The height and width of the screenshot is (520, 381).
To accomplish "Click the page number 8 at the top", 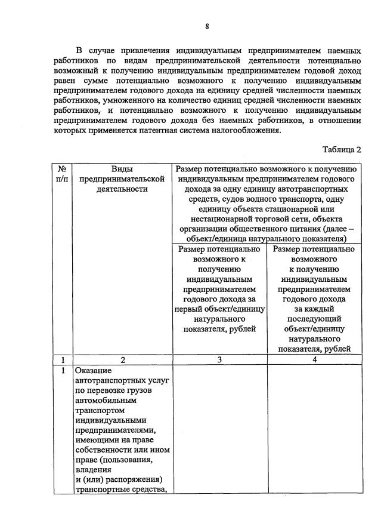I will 207,27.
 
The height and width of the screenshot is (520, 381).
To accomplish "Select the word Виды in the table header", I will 122,169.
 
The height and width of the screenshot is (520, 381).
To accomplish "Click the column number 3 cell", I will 219,359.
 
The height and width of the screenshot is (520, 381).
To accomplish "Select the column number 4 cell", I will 315,359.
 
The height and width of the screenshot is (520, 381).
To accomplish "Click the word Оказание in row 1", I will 94,370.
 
